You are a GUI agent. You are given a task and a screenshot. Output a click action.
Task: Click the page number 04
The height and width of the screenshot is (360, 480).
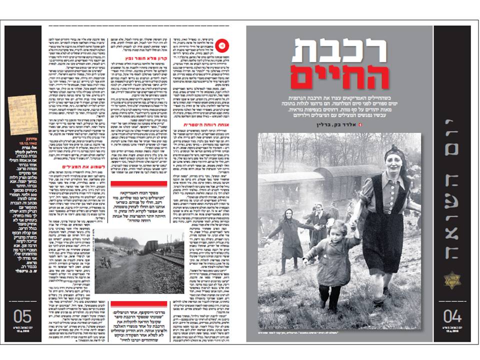coord(452,316)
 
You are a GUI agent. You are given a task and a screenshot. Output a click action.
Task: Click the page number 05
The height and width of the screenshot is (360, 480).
coord(22,316)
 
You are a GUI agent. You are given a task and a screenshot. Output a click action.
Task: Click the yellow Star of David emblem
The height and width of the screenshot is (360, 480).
coord(452,280)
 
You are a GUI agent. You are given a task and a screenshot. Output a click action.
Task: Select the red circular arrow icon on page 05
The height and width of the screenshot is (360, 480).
coord(223,45)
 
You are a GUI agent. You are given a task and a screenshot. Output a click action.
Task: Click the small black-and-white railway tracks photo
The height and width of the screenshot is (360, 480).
coord(139,260)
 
